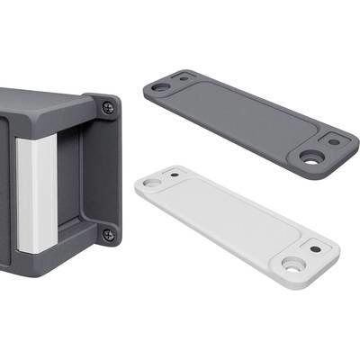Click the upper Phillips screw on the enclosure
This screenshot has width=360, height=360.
[109, 106]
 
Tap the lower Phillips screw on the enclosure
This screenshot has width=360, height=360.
[109, 235]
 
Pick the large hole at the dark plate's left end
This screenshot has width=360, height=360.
[160, 88]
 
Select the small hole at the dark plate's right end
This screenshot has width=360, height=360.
[334, 140]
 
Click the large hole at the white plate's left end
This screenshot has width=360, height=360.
[151, 183]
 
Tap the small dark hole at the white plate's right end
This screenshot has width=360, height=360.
[315, 247]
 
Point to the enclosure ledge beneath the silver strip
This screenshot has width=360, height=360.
[45, 261]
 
